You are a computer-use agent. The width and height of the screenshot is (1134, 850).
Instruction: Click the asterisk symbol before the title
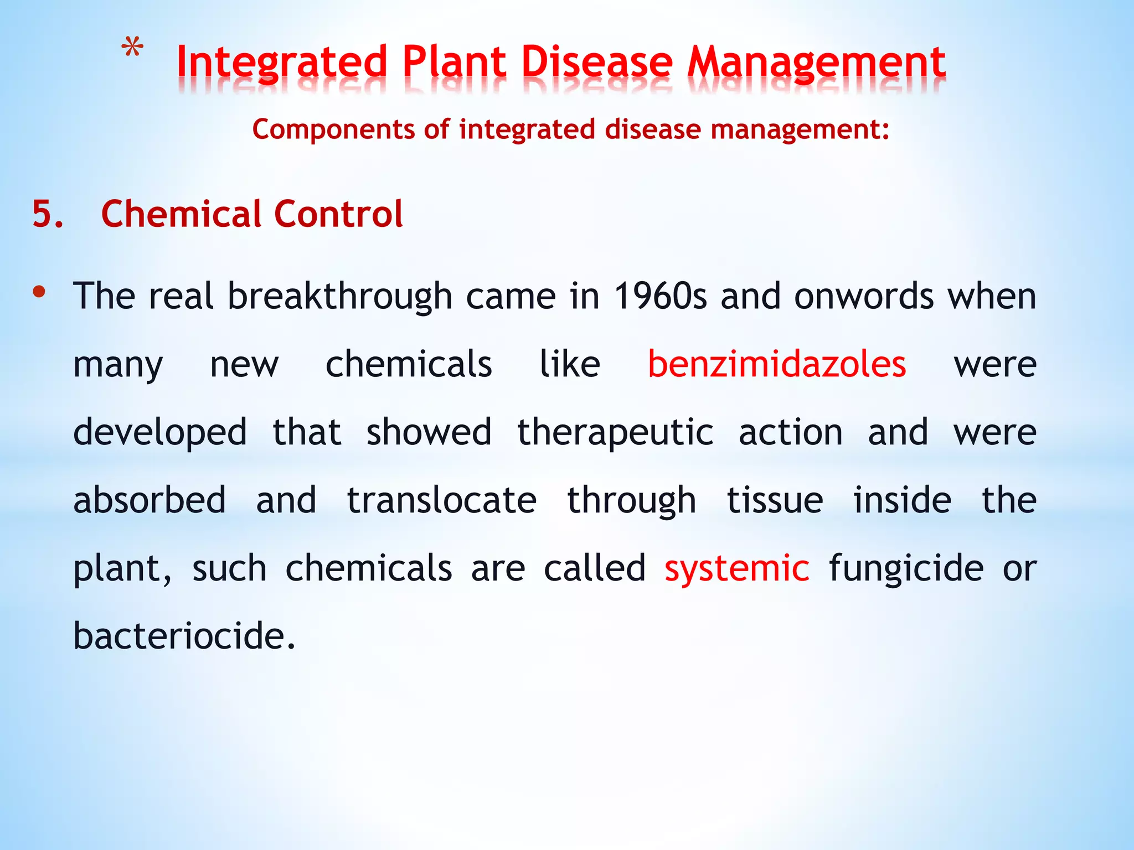pos(132,48)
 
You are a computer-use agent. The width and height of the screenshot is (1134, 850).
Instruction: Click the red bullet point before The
pos(39,292)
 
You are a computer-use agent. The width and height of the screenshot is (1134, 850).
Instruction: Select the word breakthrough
pos(340,296)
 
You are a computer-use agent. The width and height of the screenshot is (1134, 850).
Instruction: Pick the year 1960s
pos(660,296)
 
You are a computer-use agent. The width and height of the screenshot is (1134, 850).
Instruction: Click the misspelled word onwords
pos(864,296)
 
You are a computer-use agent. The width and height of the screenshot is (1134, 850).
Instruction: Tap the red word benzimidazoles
pos(777,364)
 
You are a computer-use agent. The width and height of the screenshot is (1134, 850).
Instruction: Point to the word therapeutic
pos(615,432)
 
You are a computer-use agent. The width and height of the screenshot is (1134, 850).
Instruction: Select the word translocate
pos(441,500)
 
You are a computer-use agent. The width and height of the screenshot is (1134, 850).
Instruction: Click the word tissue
pos(775,500)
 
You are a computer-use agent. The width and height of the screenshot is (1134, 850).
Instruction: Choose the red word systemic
pos(737,568)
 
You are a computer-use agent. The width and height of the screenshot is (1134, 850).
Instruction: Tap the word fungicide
pos(906,568)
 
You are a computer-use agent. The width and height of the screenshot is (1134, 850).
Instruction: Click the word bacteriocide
pos(184,636)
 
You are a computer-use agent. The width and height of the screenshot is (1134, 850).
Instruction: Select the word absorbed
pos(150,500)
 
